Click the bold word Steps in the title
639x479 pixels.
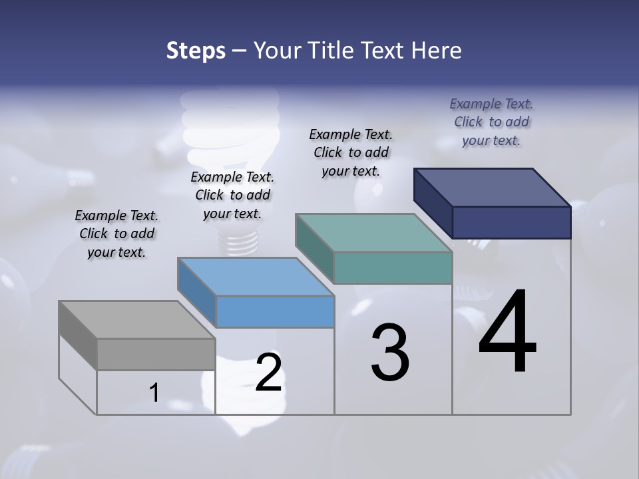[196, 51]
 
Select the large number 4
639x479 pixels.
[507, 333]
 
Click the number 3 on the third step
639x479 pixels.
[390, 353]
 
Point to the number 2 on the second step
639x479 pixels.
[269, 373]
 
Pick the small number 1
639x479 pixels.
[154, 393]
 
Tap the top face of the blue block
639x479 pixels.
[256, 276]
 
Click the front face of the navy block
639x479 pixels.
[511, 222]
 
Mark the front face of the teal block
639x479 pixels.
[393, 267]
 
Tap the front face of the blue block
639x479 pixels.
[275, 311]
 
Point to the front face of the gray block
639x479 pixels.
[156, 354]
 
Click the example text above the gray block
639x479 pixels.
[116, 234]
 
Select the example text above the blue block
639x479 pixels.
[232, 196]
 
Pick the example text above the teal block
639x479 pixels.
[351, 152]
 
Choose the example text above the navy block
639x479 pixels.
[491, 122]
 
